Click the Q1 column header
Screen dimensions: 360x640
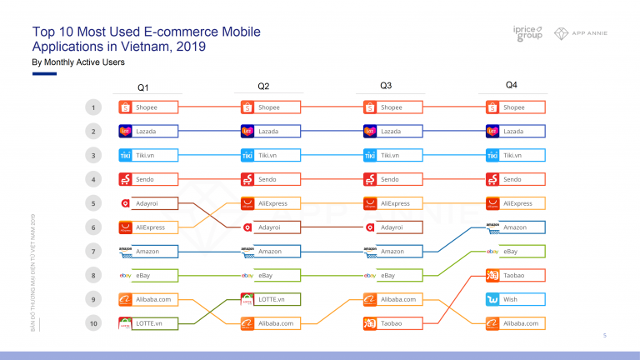(x=143, y=87)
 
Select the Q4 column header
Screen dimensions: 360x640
(x=511, y=85)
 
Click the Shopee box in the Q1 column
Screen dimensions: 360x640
(x=148, y=107)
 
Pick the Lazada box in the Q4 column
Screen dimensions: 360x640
(x=515, y=132)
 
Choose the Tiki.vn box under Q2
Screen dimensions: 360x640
(x=270, y=155)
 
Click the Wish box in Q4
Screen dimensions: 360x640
(x=515, y=299)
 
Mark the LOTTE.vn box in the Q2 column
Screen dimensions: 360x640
(x=270, y=299)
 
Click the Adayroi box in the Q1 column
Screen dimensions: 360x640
(x=148, y=203)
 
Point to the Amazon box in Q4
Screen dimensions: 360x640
(x=515, y=227)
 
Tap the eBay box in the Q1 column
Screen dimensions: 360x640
(x=148, y=275)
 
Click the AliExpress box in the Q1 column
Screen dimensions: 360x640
(x=148, y=227)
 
